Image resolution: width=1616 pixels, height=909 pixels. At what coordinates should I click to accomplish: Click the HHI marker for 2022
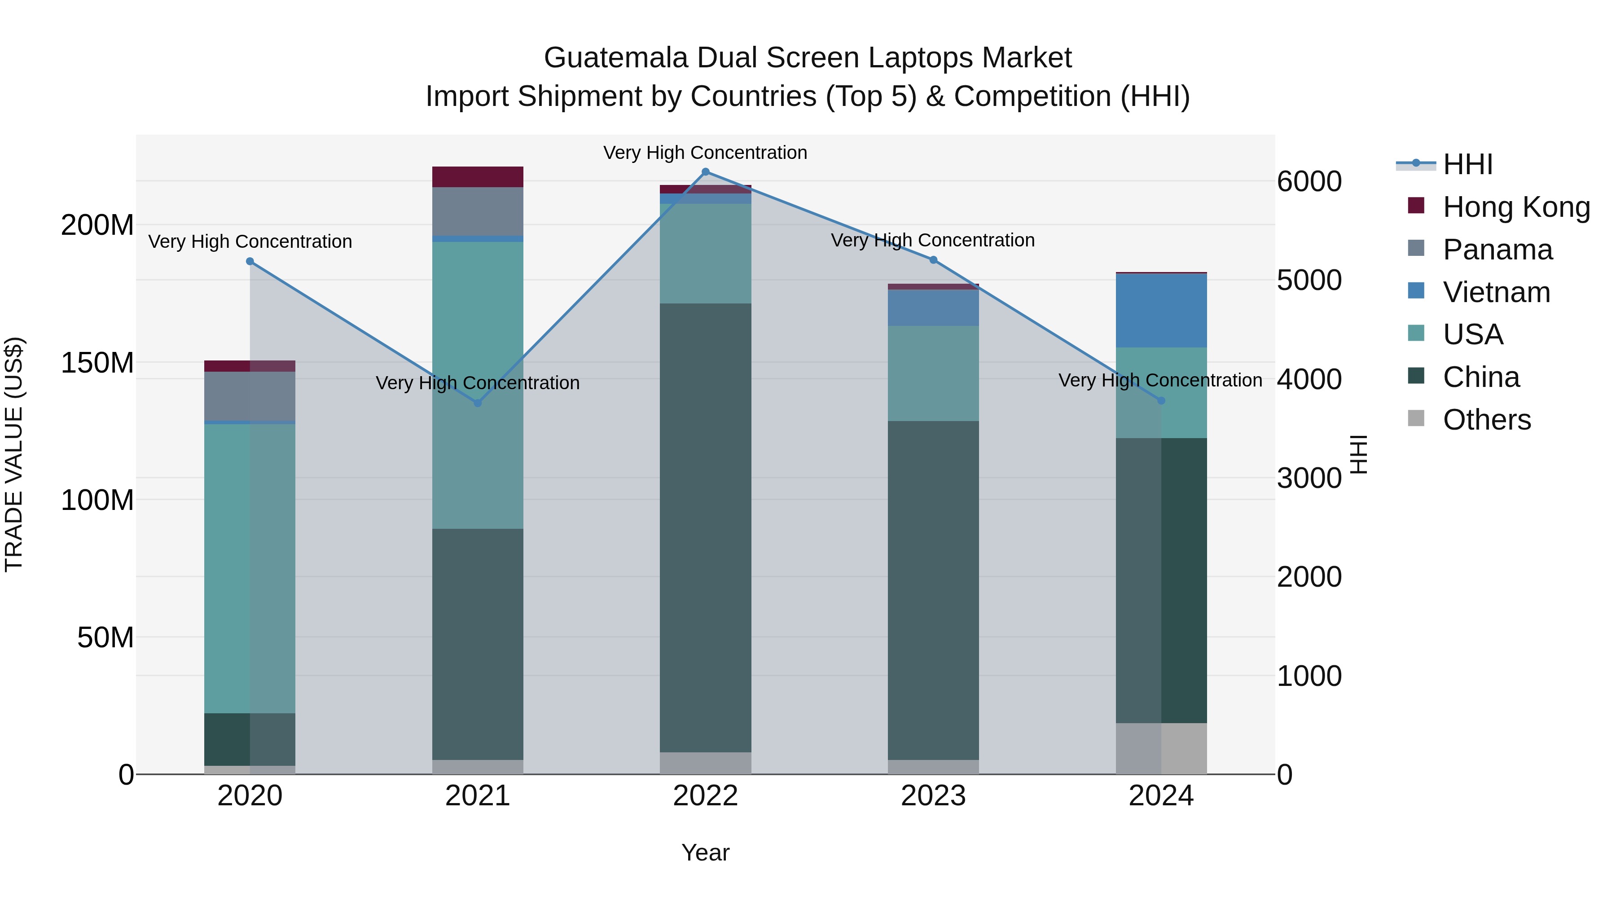[x=705, y=172]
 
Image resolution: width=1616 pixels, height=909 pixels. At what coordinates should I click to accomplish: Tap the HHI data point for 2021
[x=478, y=403]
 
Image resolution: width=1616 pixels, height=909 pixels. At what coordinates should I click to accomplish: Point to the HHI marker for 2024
[x=1160, y=400]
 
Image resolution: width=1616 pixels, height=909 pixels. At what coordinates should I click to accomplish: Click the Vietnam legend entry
[x=1496, y=292]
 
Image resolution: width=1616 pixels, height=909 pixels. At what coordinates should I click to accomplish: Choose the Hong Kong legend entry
[x=1515, y=207]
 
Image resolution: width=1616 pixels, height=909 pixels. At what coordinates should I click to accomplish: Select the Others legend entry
[x=1486, y=420]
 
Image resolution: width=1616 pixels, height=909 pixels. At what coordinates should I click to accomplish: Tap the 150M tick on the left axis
[x=97, y=363]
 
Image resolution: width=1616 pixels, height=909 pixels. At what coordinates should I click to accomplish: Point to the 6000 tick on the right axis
[x=1309, y=182]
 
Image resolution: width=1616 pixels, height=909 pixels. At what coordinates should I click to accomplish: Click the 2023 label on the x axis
[x=933, y=796]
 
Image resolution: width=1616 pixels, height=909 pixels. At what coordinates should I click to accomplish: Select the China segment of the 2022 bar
[x=705, y=527]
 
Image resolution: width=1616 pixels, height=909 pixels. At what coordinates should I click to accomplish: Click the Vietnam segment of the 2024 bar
[x=1160, y=311]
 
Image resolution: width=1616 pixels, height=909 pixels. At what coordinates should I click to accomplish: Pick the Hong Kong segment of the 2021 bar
[x=478, y=177]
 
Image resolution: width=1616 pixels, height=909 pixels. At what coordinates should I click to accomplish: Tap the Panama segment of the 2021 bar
[x=478, y=211]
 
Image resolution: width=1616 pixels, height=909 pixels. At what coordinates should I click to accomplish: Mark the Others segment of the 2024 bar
[x=1160, y=748]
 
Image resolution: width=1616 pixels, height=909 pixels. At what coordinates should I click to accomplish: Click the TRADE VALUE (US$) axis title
[x=14, y=454]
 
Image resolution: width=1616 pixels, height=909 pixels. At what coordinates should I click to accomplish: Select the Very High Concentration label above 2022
[x=705, y=153]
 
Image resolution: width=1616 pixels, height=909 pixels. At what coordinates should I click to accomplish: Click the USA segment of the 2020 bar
[x=250, y=568]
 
